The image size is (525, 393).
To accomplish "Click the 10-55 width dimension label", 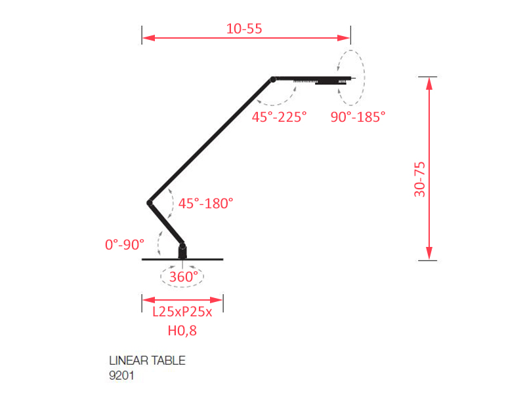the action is coord(244,29).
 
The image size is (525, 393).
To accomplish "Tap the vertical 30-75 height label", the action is coord(419,179).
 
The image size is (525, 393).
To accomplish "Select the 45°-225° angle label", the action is coord(280,117).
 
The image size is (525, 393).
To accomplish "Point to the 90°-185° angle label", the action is coord(358,117).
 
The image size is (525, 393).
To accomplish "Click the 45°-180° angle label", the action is coord(205,203).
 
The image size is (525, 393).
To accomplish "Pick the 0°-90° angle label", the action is coord(125,244).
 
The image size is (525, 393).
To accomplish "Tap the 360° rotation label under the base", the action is coord(184,276).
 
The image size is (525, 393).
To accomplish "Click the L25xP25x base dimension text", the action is coord(182,312).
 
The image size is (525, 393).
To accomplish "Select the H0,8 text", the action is coord(182,331).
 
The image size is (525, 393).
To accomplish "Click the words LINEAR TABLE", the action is coord(147,361).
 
